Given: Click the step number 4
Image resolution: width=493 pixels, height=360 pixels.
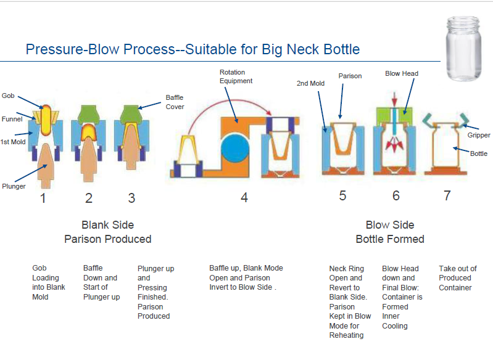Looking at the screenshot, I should pos(244,198).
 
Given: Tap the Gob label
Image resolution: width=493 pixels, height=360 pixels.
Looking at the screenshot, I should pos(8,96).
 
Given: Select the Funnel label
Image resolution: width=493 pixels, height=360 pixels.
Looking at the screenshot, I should pos(12,119).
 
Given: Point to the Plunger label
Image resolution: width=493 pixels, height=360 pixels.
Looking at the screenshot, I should pos(14,186).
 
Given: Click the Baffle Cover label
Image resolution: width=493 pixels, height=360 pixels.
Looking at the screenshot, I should pos(175,102).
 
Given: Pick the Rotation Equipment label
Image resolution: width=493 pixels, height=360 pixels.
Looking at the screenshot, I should pos(236,76).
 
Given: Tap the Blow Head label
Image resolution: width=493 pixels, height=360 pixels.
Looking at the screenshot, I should pos(402,73).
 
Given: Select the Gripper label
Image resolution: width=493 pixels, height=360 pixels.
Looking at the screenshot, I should pos(479,135).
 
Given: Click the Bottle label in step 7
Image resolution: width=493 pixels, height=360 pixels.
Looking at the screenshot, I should pos(479,153).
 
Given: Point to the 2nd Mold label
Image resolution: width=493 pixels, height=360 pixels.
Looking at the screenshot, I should pos(310,83).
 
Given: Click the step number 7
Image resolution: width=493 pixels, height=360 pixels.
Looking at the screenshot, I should pos(447,196).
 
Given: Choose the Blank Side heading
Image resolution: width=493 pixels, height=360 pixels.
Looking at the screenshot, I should pos(107,225).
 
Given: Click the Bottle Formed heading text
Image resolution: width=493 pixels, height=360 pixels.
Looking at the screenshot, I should pos(390,239).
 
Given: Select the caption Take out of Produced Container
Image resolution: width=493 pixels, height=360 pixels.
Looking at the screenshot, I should pos(457,278).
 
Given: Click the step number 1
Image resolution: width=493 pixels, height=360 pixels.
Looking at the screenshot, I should pos(43,198).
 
